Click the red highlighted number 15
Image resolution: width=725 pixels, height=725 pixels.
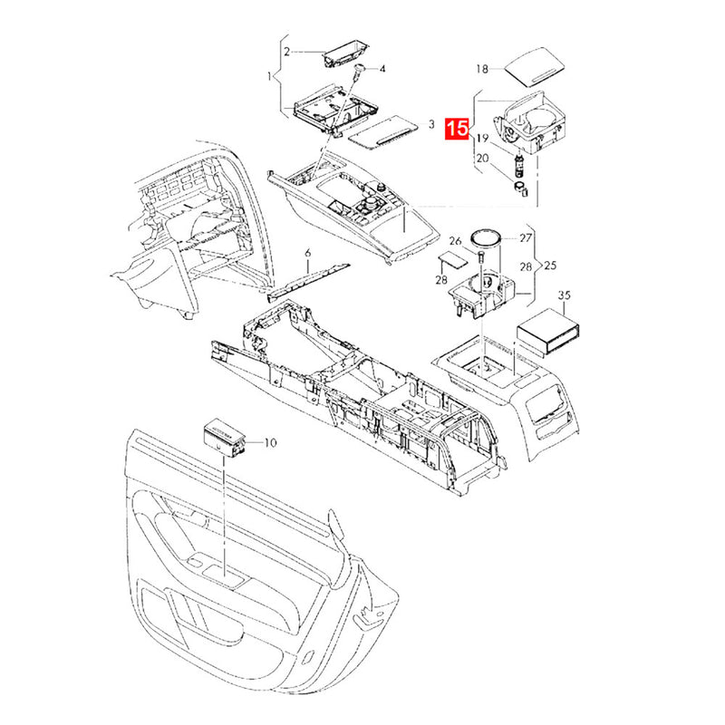[457, 128]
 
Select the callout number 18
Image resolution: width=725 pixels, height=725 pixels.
[482, 69]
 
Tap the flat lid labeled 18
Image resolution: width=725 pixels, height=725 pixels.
[534, 66]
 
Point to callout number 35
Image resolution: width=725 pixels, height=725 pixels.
[565, 295]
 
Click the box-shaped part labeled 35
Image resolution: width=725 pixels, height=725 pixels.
[549, 331]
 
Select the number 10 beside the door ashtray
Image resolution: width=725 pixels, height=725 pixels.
[270, 443]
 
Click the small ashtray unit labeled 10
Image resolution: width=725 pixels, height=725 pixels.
[224, 439]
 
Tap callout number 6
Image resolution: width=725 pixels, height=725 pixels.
[308, 253]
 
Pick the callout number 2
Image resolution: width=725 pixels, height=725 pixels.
[286, 52]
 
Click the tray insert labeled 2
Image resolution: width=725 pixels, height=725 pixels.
[346, 54]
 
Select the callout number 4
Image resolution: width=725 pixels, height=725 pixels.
[382, 69]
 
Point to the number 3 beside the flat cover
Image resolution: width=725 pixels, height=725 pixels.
[431, 124]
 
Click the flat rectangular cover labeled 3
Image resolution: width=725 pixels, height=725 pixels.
[382, 132]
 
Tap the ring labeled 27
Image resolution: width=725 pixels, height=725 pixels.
[486, 239]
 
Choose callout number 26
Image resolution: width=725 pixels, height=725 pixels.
[456, 241]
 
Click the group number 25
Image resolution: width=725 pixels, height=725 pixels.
[550, 266]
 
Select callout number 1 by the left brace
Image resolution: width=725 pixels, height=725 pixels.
[269, 75]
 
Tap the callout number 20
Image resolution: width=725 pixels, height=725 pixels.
[482, 158]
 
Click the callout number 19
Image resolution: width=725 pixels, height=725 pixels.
[482, 139]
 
